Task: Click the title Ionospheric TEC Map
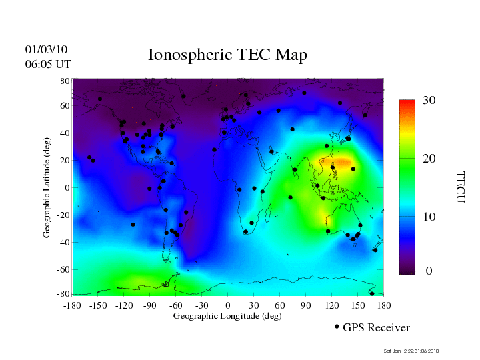227,55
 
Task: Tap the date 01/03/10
47,49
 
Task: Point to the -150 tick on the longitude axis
98,305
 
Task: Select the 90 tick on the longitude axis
306,305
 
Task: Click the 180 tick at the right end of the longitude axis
384,305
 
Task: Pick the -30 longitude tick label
202,305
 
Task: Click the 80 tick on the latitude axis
65,81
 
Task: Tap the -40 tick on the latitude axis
63,243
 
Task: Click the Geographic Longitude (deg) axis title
227,316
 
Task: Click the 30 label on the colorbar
429,100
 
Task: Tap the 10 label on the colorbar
429,217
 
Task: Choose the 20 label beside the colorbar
429,160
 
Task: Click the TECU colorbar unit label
460,187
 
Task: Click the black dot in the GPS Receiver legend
337,327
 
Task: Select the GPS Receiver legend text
376,327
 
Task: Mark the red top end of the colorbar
407,103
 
